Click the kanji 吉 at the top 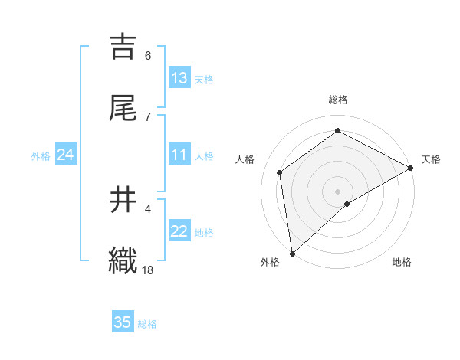pyautogui.click(x=123, y=47)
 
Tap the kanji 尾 pyautogui.click(x=123, y=108)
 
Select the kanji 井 pyautogui.click(x=123, y=200)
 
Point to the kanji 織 pyautogui.click(x=123, y=261)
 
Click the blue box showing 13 pyautogui.click(x=179, y=78)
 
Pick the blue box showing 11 pyautogui.click(x=179, y=155)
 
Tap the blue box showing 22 pyautogui.click(x=179, y=231)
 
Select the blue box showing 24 pyautogui.click(x=65, y=155)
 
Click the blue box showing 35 pyautogui.click(x=123, y=322)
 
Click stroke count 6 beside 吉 pyautogui.click(x=148, y=55)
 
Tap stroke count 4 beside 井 pyautogui.click(x=148, y=208)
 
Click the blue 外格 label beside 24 pyautogui.click(x=41, y=155)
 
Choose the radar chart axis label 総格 pyautogui.click(x=338, y=100)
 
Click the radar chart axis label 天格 pyautogui.click(x=431, y=159)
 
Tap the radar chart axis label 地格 pyautogui.click(x=402, y=262)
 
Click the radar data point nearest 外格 pyautogui.click(x=292, y=254)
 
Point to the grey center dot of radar pyautogui.click(x=338, y=191)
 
